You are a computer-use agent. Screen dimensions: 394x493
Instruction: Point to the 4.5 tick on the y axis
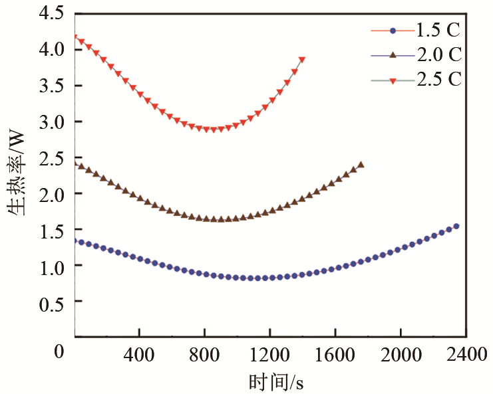click(52, 13)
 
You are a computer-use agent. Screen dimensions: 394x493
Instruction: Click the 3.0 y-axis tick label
click(52, 122)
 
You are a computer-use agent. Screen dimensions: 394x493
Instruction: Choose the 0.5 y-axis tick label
click(52, 302)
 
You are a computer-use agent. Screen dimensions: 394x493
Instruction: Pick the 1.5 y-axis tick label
click(52, 230)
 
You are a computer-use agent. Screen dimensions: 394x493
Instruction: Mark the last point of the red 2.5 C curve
click(302, 60)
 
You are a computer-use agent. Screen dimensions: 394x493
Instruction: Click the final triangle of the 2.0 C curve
click(361, 165)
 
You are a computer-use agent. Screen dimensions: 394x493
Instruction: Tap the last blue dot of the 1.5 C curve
click(456, 227)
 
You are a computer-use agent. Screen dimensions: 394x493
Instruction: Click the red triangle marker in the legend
click(393, 80)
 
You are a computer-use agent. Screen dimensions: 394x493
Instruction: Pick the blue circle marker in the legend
click(393, 31)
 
